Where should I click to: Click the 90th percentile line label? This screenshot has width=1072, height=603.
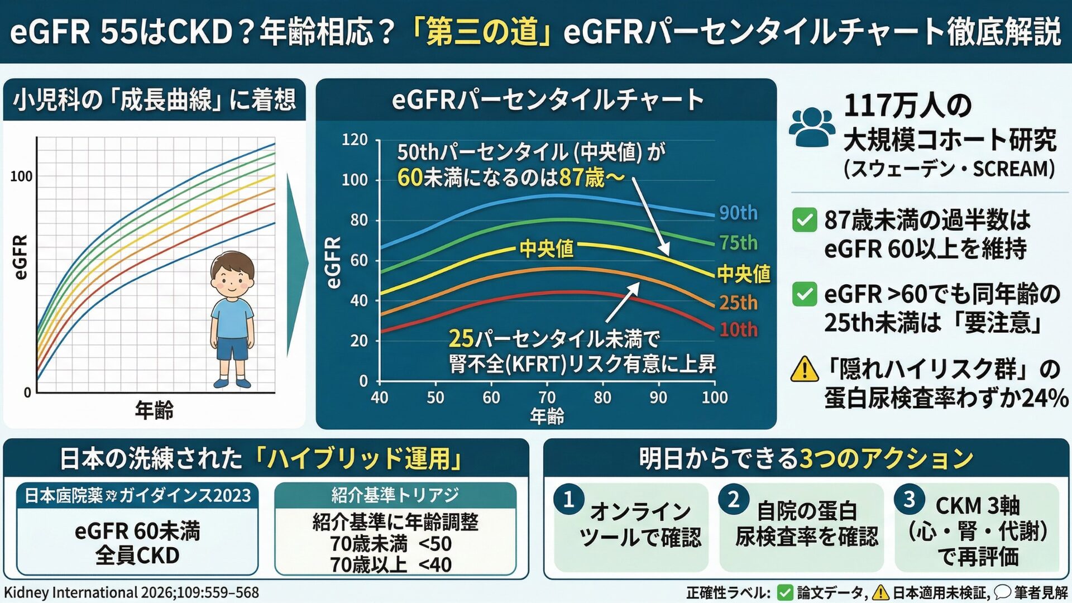(x=738, y=213)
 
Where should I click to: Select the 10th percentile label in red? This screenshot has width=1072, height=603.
(x=738, y=329)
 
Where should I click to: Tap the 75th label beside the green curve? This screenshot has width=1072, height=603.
(x=738, y=243)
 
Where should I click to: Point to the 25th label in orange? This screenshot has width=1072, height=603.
(x=738, y=303)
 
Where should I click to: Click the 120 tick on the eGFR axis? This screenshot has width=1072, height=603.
(x=355, y=140)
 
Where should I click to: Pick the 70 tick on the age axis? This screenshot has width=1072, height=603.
(x=547, y=398)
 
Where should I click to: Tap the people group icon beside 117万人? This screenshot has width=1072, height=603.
(x=812, y=127)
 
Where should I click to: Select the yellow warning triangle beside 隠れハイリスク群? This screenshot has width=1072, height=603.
(x=805, y=369)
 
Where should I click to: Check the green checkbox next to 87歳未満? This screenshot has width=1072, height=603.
(x=805, y=220)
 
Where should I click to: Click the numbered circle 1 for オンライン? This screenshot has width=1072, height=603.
(x=568, y=499)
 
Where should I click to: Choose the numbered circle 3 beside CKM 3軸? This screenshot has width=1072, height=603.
(x=909, y=499)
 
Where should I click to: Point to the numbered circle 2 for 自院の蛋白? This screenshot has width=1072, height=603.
(x=733, y=499)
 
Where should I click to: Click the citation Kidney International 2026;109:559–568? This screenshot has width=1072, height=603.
(x=132, y=592)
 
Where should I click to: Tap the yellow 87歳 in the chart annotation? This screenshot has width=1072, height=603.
(x=581, y=178)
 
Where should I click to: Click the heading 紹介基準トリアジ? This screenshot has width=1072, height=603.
(x=395, y=495)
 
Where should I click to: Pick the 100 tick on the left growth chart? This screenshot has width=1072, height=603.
(x=21, y=176)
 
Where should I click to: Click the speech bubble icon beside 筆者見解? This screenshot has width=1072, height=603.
(x=1002, y=592)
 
